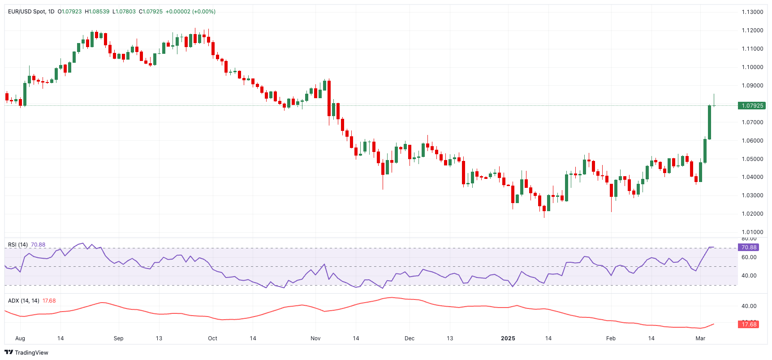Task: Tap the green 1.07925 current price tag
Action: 751,106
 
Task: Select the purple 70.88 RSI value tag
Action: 748,247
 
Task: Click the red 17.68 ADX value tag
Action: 748,324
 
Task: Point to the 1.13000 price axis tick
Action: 752,12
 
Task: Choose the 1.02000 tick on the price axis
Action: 752,214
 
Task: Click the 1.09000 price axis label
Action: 752,86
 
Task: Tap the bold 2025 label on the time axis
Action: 508,338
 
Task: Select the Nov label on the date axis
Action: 315,338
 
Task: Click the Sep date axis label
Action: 118,338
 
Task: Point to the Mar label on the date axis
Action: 700,338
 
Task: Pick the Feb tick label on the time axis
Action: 611,338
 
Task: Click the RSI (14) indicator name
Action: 18,245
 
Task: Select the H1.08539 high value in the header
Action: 97,12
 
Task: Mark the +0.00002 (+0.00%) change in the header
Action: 190,12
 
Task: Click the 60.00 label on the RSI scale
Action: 749,257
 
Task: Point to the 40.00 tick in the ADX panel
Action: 749,306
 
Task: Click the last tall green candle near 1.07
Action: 710,122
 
